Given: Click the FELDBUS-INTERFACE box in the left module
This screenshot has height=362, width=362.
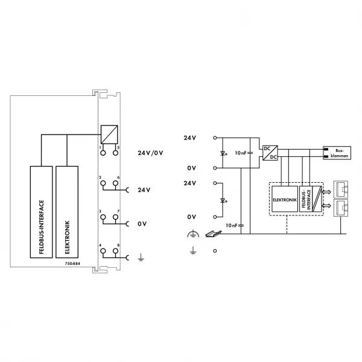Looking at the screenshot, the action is click(41, 212).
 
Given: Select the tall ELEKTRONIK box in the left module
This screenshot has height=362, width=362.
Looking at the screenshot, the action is click(67, 212).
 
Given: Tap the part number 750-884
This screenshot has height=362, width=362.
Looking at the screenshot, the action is click(72, 264).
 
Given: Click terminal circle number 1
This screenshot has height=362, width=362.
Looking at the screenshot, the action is click(103, 153).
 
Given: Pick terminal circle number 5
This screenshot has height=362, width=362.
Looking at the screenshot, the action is click(115, 153).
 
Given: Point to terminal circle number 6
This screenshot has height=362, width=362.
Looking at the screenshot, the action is click(115, 183).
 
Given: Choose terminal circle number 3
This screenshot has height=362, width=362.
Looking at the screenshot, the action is click(103, 217).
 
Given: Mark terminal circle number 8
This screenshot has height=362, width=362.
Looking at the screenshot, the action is click(115, 251).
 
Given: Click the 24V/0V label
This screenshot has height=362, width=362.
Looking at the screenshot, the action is click(150, 153).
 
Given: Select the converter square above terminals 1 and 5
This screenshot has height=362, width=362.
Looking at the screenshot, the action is click(109, 135).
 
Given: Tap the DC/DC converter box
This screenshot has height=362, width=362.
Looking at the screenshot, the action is click(270, 153).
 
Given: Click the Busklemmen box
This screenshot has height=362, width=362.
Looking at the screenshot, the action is click(337, 153).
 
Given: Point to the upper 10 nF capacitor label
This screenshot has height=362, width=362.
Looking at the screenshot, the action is click(241, 153).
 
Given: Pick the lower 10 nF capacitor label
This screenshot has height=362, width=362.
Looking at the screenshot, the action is click(231, 225).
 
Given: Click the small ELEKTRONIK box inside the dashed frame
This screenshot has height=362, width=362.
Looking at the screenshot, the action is click(285, 199).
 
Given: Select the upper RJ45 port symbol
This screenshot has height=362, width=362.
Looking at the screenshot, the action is click(341, 189).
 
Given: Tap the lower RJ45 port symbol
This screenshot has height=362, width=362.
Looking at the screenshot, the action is click(341, 208).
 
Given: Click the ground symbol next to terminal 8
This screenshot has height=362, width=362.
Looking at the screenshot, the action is click(141, 257).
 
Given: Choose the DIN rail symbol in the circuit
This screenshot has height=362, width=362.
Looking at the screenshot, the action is click(213, 233).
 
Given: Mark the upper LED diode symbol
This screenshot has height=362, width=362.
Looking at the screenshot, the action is click(223, 153).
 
